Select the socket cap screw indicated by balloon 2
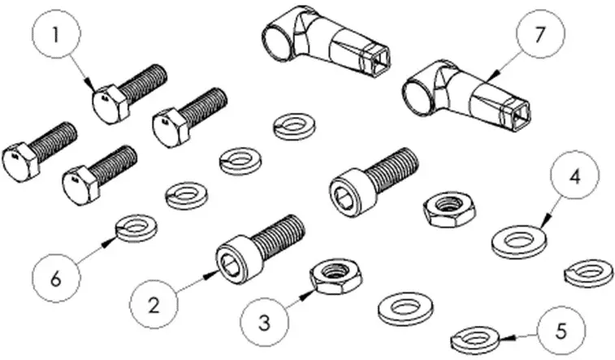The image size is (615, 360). point(259,244)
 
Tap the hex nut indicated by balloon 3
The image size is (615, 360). point(334,276)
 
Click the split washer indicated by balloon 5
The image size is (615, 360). point(475,336)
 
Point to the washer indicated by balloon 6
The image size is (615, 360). point(136,228)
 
